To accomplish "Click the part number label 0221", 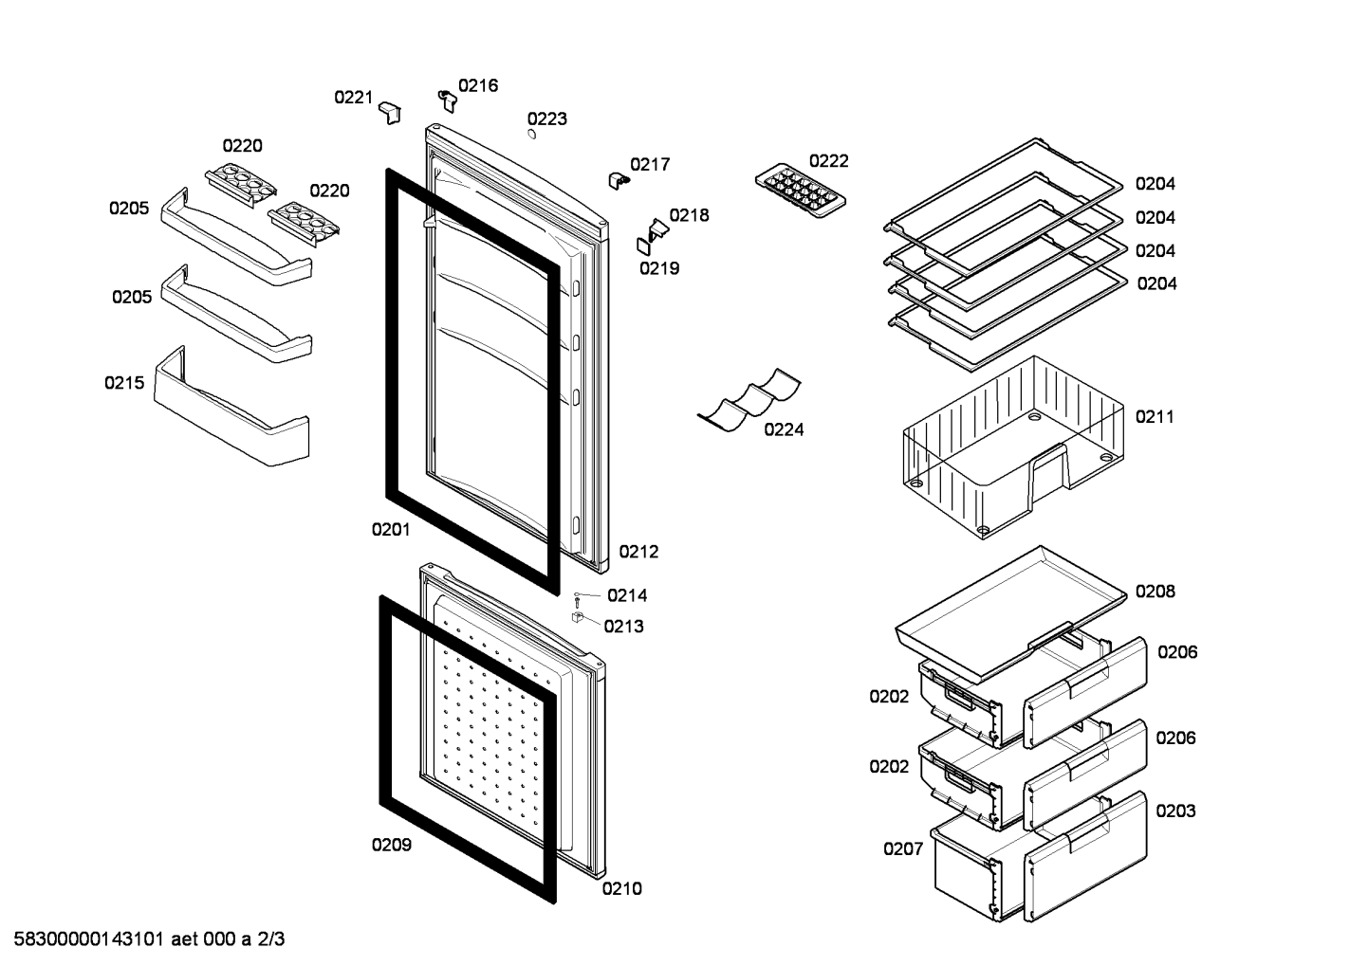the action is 353,97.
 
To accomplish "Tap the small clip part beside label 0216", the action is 448,100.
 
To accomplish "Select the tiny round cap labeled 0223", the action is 531,135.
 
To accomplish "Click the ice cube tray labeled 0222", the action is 800,190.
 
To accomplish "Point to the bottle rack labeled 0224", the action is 749,400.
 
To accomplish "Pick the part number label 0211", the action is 1155,417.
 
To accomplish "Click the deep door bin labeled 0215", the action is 231,407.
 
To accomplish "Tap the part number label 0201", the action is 391,529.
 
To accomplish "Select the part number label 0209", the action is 392,845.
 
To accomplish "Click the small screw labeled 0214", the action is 577,598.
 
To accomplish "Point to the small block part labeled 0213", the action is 578,617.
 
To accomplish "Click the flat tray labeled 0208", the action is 1010,612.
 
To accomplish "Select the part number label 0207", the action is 902,848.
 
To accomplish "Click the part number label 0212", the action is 638,551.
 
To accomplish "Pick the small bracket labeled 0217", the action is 619,181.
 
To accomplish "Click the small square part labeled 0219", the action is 643,246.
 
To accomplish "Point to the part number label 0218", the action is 689,215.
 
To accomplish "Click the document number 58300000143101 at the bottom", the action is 88,939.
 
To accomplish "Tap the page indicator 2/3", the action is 270,939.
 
